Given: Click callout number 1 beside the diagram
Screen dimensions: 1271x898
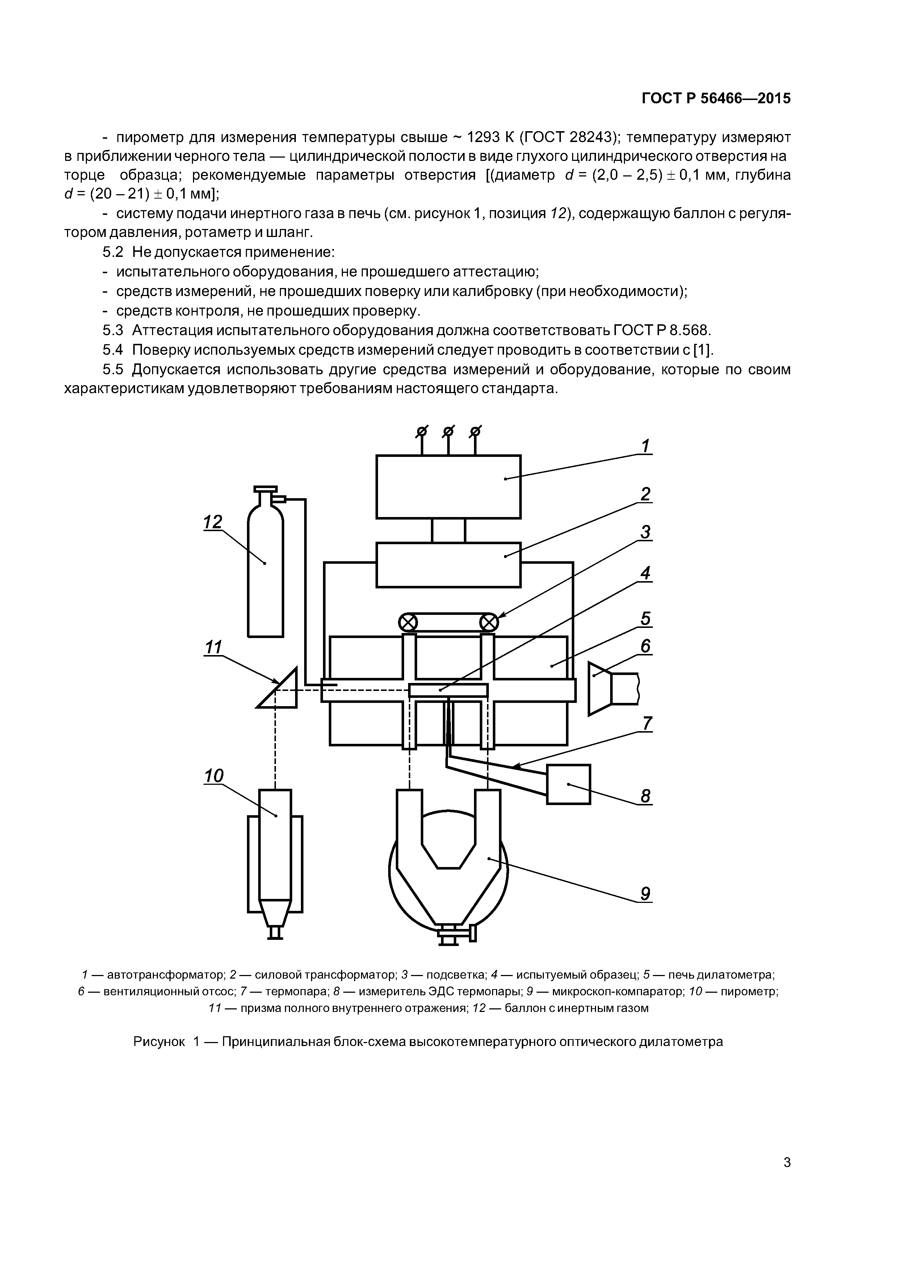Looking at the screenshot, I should pos(645,446).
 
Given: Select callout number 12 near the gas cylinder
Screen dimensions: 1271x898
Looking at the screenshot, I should pos(213,522).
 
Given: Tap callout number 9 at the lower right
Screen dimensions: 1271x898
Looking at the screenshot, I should pos(645,893).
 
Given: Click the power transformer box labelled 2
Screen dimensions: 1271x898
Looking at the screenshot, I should pos(448,564).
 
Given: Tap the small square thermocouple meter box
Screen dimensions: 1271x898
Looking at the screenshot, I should pos(568,784).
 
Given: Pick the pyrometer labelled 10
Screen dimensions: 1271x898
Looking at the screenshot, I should pos(275,847).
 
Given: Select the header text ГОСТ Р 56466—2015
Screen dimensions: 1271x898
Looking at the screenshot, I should pos(716,99).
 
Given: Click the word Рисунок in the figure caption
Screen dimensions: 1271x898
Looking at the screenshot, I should pos(160,1041).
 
